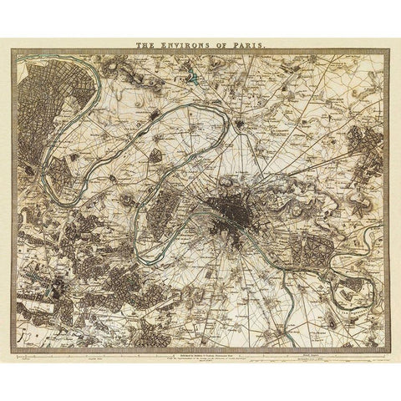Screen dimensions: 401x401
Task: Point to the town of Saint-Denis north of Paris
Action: tap(241, 125)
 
